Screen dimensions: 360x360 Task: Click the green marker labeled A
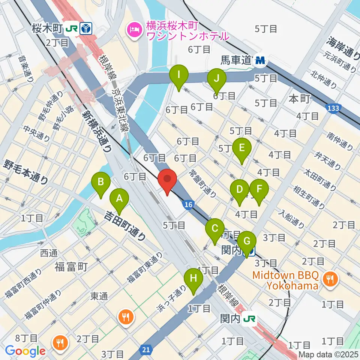click(x=119, y=199)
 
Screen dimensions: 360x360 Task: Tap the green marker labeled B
click(x=100, y=183)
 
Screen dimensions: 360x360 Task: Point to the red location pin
click(x=167, y=180)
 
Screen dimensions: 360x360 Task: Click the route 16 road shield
click(x=188, y=204)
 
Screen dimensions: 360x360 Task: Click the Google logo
click(x=25, y=351)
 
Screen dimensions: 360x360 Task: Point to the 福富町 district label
click(x=71, y=267)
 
